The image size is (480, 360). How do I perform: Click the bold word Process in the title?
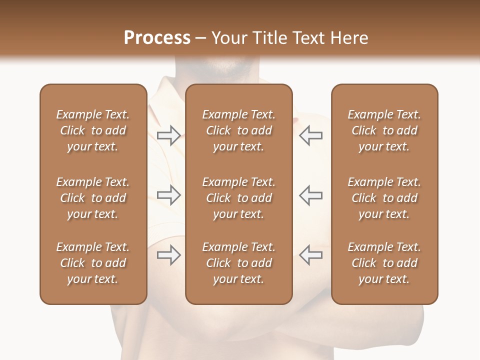157,38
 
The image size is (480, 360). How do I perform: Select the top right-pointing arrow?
168,135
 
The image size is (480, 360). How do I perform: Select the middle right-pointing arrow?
168,195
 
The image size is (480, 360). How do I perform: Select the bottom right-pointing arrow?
168,255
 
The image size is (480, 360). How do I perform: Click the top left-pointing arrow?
310,135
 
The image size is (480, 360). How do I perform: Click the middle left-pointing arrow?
310,195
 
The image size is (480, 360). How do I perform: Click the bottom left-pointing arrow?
310,255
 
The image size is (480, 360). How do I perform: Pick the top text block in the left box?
93,130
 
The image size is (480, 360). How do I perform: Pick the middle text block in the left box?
93,198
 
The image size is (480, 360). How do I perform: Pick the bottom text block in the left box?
93,263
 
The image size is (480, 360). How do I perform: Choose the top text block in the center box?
238,130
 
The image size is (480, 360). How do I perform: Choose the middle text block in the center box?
238,198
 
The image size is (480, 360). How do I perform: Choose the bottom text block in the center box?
238,263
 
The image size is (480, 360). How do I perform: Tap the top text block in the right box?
384,130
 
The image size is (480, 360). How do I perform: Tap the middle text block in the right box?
384,198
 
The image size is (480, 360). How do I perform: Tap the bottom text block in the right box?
384,263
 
